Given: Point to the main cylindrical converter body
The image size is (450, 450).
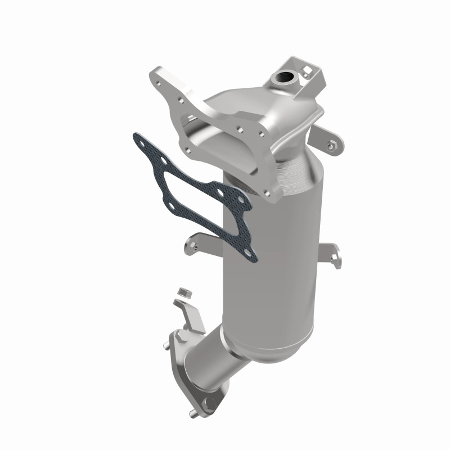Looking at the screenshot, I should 270,264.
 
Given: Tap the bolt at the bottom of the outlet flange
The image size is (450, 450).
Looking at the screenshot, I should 210,403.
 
